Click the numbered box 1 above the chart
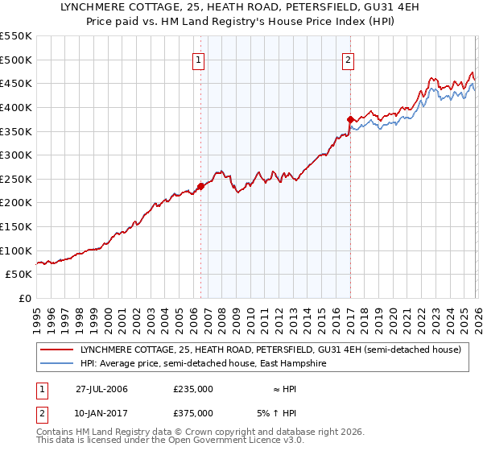200,59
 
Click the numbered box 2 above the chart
349,59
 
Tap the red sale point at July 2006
200,186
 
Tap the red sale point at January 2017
349,119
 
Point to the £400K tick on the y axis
17,107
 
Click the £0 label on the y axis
24,299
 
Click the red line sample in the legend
57,350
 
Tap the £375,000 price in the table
193,413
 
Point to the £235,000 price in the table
193,389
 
